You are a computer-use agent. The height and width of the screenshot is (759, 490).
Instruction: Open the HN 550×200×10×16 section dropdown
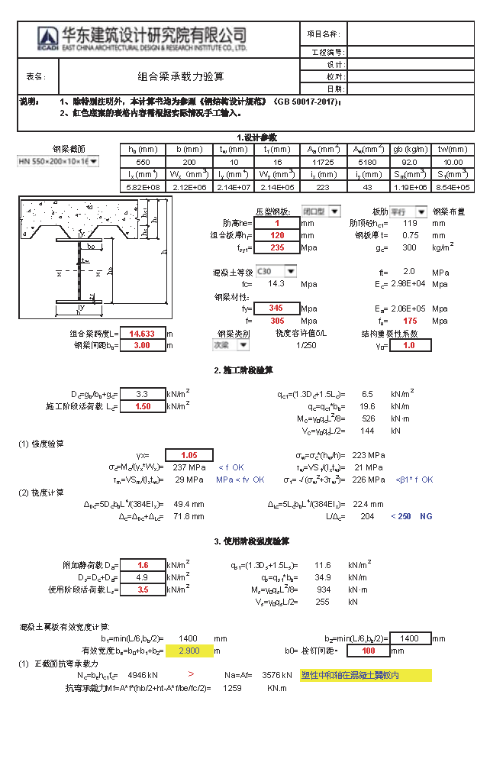(93, 161)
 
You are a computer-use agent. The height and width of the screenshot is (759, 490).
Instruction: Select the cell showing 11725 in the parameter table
(323, 162)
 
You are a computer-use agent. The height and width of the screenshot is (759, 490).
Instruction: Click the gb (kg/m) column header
(409, 150)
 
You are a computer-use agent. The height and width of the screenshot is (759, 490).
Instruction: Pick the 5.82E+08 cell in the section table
(143, 187)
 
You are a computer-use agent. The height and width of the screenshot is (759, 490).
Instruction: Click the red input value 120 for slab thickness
(277, 235)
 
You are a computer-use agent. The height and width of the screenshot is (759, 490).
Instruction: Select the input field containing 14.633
(143, 334)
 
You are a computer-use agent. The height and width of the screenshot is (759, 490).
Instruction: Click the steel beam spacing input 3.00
(143, 345)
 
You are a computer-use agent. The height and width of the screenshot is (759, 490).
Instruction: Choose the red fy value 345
(277, 308)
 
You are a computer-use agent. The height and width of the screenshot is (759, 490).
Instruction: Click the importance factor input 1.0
(409, 345)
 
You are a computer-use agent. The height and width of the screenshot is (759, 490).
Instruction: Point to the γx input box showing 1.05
(189, 455)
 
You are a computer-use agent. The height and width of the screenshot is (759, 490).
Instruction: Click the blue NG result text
(426, 516)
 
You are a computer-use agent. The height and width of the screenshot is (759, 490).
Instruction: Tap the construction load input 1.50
(143, 407)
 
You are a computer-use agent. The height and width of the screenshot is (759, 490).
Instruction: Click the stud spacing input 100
(368, 651)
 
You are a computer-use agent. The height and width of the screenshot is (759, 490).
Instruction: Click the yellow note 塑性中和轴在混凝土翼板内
(366, 676)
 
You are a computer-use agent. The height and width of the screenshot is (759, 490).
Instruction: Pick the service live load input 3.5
(143, 589)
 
